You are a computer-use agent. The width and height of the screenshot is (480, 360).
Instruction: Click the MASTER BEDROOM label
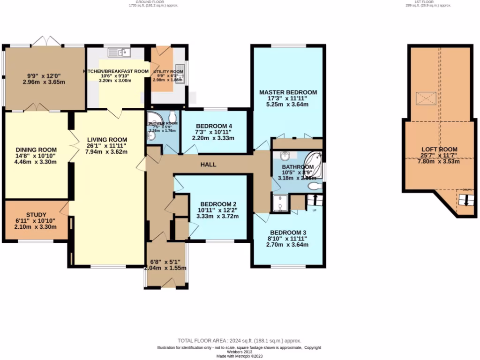(x=288, y=92)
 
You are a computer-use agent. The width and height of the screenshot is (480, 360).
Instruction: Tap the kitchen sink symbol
(x=124, y=52)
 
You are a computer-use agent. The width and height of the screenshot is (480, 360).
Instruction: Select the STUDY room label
(x=36, y=215)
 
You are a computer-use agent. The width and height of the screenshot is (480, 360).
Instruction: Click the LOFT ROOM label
(x=439, y=150)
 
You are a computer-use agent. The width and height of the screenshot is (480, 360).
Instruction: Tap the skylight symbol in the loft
(x=426, y=99)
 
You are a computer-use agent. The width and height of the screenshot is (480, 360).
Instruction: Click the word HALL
(x=208, y=165)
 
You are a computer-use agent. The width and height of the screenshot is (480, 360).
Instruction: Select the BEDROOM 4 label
(x=214, y=126)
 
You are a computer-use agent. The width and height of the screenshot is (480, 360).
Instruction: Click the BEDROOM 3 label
(x=288, y=232)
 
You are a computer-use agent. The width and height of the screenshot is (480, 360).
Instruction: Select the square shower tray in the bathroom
(x=281, y=203)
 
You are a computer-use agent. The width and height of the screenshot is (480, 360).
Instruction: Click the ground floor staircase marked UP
(x=315, y=201)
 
